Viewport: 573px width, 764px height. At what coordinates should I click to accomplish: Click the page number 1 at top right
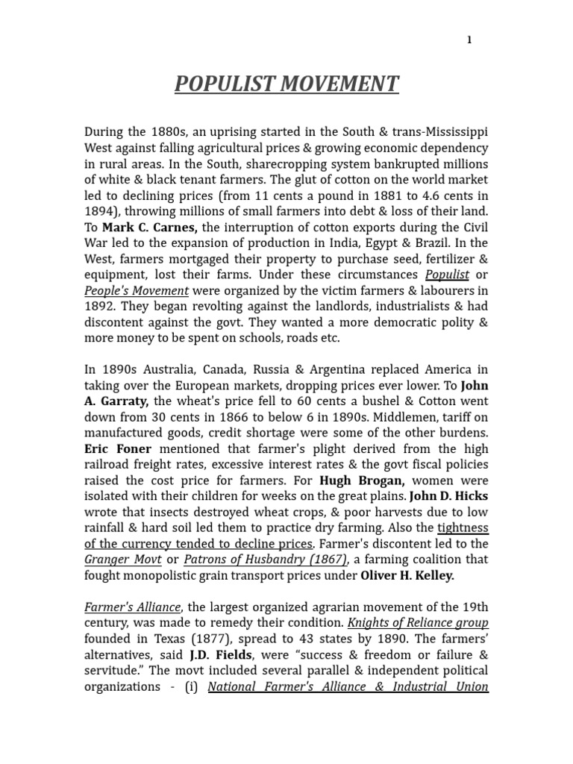469,40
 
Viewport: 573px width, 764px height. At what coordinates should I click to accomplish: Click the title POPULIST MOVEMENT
286,84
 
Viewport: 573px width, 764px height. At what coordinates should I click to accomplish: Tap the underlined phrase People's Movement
137,290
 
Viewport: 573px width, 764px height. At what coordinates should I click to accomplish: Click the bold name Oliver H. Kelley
407,576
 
